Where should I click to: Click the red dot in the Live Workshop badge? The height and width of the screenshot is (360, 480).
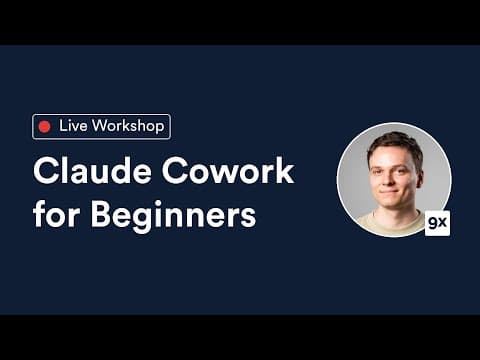click(44, 126)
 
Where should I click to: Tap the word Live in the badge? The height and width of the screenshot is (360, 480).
click(73, 126)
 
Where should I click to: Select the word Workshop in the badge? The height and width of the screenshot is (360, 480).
click(127, 126)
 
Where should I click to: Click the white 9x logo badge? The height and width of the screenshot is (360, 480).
click(437, 223)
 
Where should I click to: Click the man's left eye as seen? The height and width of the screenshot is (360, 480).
click(379, 169)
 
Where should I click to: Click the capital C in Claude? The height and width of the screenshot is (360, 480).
click(45, 171)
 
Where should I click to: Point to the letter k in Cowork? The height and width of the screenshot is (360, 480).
click(284, 171)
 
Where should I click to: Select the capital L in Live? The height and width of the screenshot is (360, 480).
click(63, 126)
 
